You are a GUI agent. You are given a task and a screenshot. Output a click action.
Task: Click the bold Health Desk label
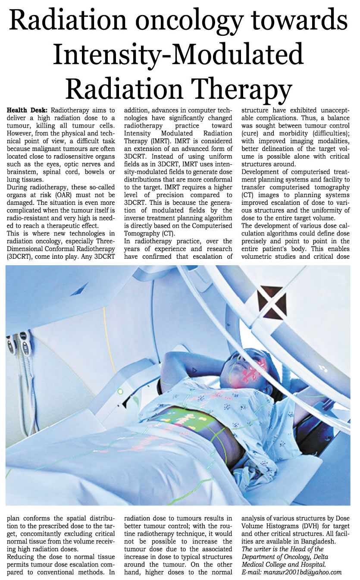28,110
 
